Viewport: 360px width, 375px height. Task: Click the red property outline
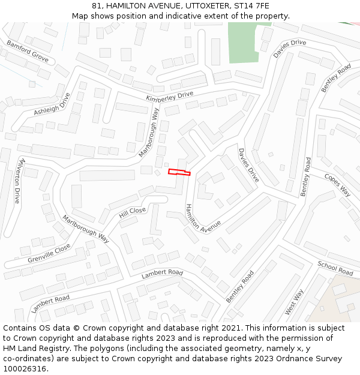[x=179, y=172]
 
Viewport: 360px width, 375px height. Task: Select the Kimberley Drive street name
[x=170, y=95]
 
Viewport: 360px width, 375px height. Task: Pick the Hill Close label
[x=133, y=211]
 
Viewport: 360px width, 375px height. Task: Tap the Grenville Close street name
[x=49, y=253]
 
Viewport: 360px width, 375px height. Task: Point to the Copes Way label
[x=337, y=184]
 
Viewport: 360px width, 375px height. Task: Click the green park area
[x=244, y=43]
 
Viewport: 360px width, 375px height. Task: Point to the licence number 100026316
[x=25, y=368]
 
